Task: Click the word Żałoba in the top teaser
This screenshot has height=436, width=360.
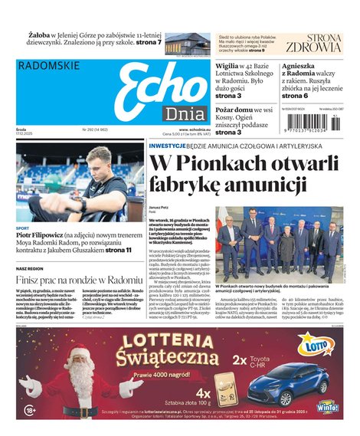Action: click(41, 35)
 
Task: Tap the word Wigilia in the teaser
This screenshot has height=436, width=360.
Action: click(231, 66)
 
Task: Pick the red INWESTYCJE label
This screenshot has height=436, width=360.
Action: click(172, 145)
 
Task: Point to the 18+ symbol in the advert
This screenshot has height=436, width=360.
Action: click(30, 411)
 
